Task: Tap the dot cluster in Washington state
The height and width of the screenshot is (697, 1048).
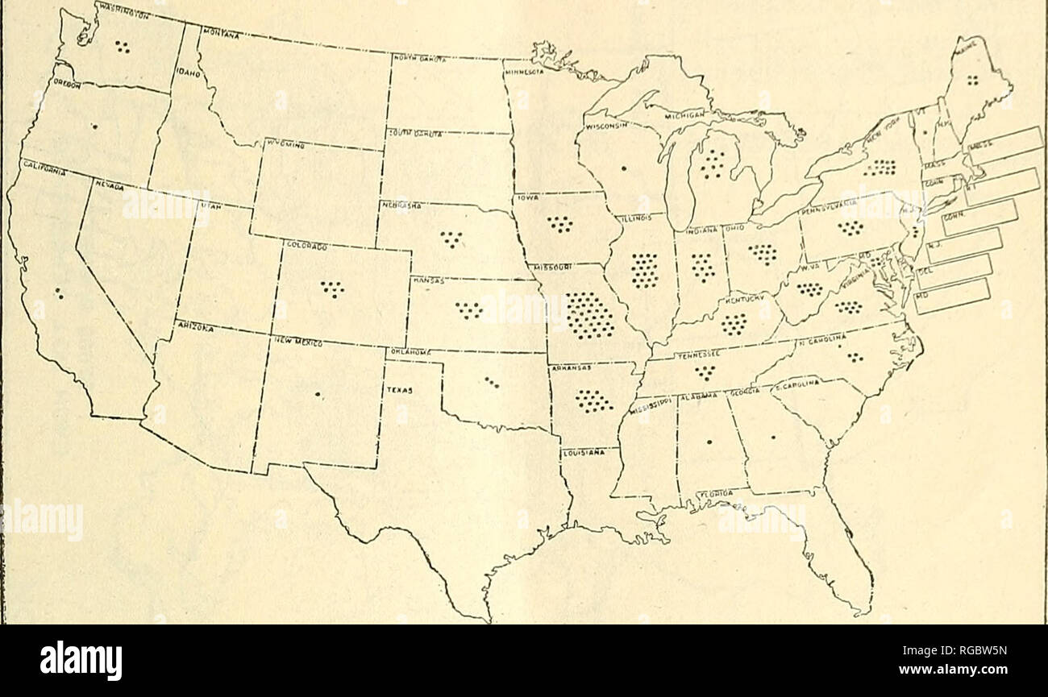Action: [122, 47]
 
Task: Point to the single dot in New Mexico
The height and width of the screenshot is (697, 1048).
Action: [318, 394]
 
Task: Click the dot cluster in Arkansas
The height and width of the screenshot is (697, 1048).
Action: [594, 400]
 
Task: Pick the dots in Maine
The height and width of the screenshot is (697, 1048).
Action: [973, 79]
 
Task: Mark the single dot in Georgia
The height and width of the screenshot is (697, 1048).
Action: [772, 438]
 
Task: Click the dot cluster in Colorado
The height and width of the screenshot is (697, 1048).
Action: [331, 288]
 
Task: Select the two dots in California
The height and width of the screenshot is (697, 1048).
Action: [59, 294]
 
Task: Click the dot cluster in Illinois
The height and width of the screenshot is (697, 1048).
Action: [644, 270]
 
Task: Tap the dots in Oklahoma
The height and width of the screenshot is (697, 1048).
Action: [492, 382]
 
